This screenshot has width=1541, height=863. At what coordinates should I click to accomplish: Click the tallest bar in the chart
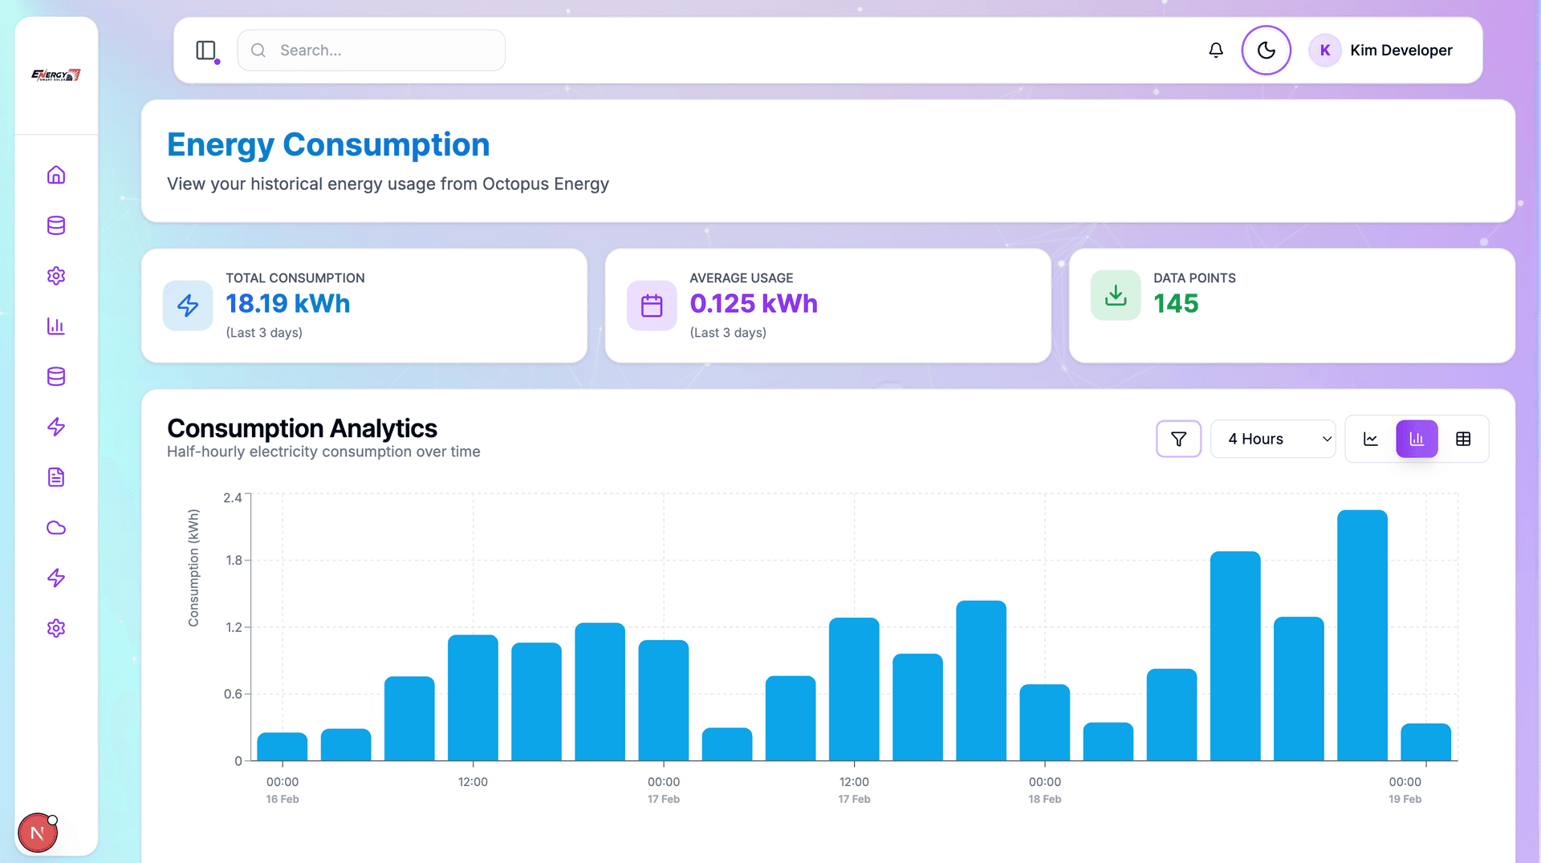(1362, 634)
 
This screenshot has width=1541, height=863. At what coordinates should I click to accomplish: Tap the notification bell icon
(1216, 51)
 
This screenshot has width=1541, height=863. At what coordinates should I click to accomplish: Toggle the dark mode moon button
(1266, 51)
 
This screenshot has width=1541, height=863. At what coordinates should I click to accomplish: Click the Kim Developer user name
(1401, 51)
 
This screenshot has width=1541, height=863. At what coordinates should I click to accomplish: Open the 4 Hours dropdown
(1272, 439)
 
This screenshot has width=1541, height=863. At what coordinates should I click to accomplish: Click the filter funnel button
(1178, 439)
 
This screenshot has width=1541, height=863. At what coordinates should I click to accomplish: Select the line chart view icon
(1371, 439)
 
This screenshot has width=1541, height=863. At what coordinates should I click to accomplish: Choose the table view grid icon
(1463, 439)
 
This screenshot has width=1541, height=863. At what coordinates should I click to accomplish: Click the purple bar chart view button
(1417, 439)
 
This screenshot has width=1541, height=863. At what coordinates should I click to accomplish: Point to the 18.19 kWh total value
(288, 304)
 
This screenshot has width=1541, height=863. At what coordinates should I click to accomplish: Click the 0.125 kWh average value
(754, 304)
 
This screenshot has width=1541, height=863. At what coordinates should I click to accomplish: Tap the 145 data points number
(1176, 304)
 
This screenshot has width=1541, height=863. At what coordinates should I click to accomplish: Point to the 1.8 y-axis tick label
(234, 560)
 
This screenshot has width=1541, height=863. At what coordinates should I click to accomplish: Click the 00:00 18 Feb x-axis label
(1044, 789)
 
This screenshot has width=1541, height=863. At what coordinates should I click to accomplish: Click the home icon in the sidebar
(56, 175)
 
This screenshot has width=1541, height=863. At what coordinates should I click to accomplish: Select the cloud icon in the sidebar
(56, 528)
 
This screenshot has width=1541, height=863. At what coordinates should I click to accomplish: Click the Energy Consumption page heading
(328, 145)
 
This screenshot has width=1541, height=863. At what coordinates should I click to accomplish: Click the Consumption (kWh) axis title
(193, 567)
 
